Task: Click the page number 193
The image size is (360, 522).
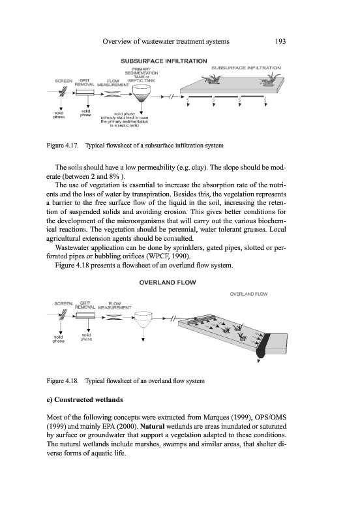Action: coord(280,42)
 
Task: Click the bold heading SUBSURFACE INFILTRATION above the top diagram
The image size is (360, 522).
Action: coord(164,61)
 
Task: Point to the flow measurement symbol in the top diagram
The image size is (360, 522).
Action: coord(112,94)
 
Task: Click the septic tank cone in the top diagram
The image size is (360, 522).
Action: coord(142,93)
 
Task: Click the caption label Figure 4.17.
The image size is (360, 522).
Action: coord(63,146)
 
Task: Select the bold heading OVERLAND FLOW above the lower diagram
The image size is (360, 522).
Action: coord(168,283)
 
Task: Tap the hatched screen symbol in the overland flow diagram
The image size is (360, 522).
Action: coord(63,315)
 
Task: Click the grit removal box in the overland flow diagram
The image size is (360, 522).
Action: coord(85,315)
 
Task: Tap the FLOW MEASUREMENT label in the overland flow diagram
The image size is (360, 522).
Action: coord(115,305)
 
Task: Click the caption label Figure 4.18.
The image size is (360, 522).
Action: coord(63,381)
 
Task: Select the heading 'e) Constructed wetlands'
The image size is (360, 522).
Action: coord(85,400)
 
